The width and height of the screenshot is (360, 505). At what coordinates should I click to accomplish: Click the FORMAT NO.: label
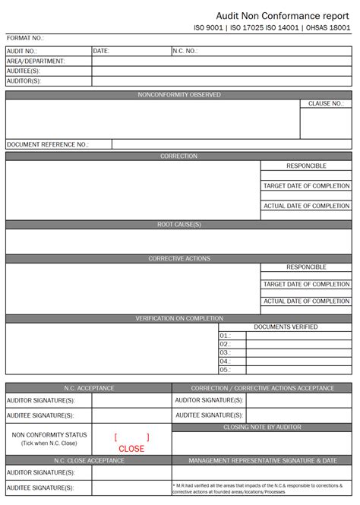(x=26, y=38)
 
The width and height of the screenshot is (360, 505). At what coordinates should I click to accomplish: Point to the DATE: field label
(x=102, y=51)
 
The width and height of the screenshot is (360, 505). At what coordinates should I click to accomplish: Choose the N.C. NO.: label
(x=185, y=51)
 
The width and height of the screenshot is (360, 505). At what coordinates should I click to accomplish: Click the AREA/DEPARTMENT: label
(x=36, y=61)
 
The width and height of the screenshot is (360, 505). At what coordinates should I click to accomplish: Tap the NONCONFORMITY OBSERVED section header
(x=179, y=95)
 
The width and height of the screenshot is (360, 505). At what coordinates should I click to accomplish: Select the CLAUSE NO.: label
(x=325, y=104)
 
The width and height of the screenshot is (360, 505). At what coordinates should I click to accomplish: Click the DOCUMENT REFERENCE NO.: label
(x=48, y=144)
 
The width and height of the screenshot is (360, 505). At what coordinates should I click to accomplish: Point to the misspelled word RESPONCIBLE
(x=306, y=166)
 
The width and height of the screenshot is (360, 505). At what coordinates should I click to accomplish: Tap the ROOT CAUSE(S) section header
(x=179, y=225)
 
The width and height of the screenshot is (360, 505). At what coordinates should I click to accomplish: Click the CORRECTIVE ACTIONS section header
(x=179, y=259)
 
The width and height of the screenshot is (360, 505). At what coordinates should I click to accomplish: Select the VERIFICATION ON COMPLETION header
(x=179, y=319)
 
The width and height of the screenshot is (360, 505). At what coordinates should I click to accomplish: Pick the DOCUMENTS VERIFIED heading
(x=286, y=327)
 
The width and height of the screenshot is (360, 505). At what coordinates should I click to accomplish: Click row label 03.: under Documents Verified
(x=225, y=352)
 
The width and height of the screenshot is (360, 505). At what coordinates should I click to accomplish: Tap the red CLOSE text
(x=131, y=449)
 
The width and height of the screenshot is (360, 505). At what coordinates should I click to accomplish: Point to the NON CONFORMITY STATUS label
(x=49, y=435)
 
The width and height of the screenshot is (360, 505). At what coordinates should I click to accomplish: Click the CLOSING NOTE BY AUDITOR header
(x=262, y=428)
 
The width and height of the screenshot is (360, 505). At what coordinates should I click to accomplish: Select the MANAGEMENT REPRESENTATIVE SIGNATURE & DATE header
(x=262, y=461)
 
